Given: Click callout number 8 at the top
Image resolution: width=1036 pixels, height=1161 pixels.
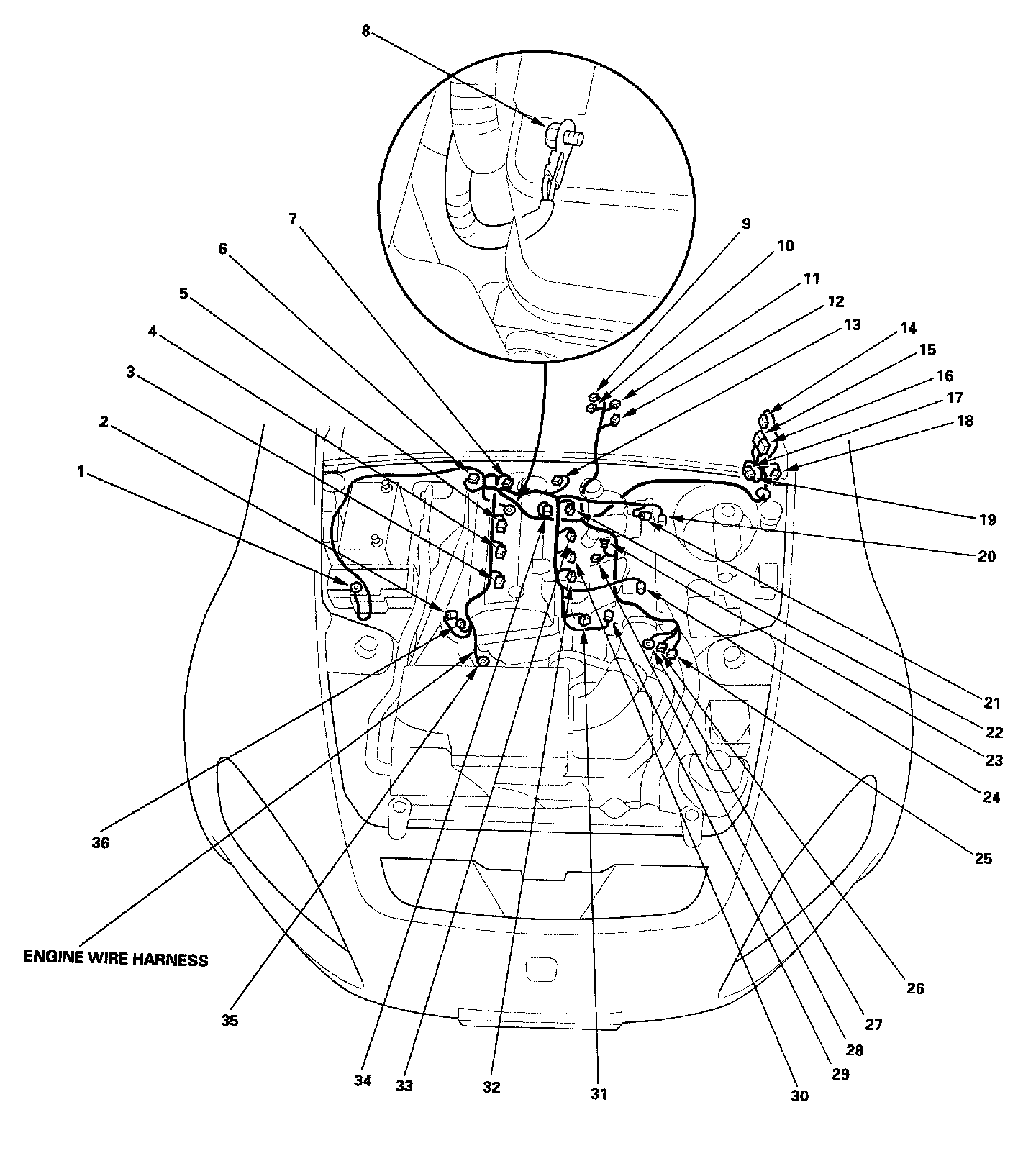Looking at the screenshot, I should pyautogui.click(x=366, y=32).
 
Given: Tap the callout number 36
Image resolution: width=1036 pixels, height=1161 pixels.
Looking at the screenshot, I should pyautogui.click(x=101, y=842).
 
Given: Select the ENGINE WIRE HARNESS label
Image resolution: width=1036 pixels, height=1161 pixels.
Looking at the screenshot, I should pyautogui.click(x=116, y=958).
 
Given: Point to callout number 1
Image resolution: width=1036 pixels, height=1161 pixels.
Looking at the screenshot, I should pyautogui.click(x=81, y=472).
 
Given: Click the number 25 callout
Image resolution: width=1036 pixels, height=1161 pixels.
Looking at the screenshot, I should pyautogui.click(x=983, y=858).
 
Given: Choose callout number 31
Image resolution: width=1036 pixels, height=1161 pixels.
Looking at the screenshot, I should pyautogui.click(x=599, y=1094).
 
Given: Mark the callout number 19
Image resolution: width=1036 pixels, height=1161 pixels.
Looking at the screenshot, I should pyautogui.click(x=988, y=519).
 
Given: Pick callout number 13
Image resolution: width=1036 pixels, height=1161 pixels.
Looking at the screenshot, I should pyautogui.click(x=852, y=325).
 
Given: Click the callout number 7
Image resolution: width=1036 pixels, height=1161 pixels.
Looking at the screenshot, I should pyautogui.click(x=293, y=219).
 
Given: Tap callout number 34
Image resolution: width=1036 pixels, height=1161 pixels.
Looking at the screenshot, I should pyautogui.click(x=363, y=1080).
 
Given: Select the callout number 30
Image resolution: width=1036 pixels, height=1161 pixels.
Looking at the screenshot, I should pyautogui.click(x=799, y=1096).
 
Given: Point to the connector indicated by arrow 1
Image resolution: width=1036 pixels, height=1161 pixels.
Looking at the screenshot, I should pyautogui.click(x=355, y=588).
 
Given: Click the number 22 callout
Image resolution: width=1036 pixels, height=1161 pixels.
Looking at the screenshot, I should pyautogui.click(x=994, y=732).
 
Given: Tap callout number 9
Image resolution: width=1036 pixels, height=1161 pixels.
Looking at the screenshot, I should pyautogui.click(x=746, y=224).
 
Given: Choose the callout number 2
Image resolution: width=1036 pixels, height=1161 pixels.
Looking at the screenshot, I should pyautogui.click(x=104, y=422).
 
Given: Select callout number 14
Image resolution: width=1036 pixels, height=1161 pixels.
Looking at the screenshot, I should pyautogui.click(x=908, y=328).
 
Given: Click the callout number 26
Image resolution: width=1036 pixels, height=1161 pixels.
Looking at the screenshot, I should pyautogui.click(x=914, y=988).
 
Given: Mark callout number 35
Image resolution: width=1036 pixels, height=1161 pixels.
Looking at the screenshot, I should pyautogui.click(x=230, y=1021).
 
